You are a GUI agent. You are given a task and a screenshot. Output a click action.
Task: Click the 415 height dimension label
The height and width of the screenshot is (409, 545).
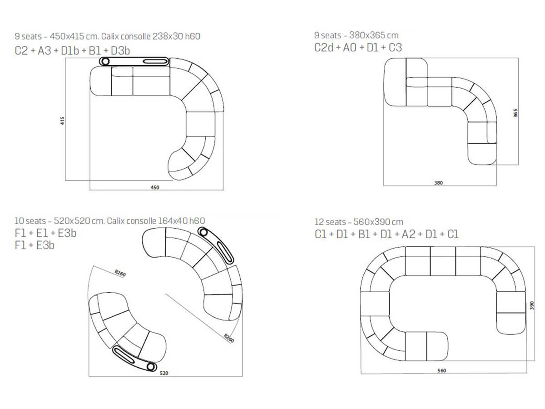(x=62, y=121)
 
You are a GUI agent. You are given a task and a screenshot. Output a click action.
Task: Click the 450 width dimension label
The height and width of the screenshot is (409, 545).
(x=155, y=188)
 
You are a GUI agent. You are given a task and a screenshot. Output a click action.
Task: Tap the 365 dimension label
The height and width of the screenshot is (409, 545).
(x=515, y=113)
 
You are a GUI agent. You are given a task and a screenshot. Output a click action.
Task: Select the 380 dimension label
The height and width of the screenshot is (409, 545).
(x=438, y=183)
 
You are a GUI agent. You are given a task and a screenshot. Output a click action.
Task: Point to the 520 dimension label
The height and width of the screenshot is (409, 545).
(x=164, y=373)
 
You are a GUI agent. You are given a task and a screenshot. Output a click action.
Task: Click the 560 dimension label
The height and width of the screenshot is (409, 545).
(x=442, y=370)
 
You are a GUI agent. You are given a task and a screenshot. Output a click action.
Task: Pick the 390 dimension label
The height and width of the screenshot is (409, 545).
(x=531, y=305)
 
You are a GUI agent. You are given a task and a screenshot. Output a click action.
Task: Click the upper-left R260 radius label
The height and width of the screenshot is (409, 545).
(x=120, y=273)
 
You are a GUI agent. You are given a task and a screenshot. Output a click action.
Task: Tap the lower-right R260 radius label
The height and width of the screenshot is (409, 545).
(x=229, y=338)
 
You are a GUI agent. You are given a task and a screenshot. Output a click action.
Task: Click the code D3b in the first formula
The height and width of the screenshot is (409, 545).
(x=120, y=51)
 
